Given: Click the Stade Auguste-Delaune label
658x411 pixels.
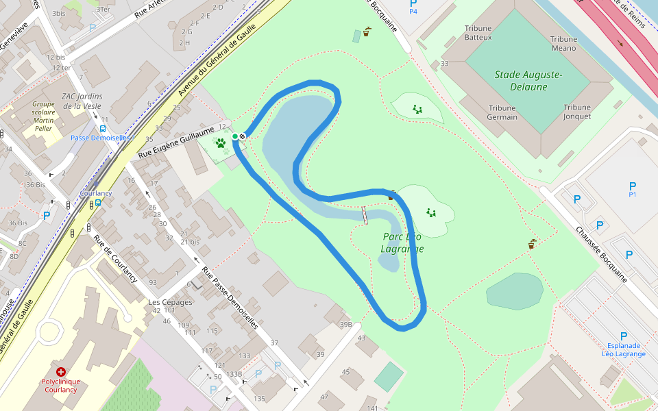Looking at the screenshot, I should point(528,80).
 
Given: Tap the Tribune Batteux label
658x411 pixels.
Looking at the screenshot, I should point(478,33).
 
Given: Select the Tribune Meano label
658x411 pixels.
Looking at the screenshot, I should point(564,44).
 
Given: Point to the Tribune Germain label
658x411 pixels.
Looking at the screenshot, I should point(502,112).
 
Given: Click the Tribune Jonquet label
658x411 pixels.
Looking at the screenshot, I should point(577,112).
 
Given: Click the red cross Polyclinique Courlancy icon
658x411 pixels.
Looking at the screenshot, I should point(61,371).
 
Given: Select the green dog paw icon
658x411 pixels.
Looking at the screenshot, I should point(221,143).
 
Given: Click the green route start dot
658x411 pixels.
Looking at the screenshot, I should point(235,137).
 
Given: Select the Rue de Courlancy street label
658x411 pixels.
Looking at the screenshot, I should point(115,259).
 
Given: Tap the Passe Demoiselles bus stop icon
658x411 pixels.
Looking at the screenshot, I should point(103,128).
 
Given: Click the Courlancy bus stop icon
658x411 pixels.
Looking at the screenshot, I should point(97,202).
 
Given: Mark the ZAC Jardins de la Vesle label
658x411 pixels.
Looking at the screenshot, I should point(82,101).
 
